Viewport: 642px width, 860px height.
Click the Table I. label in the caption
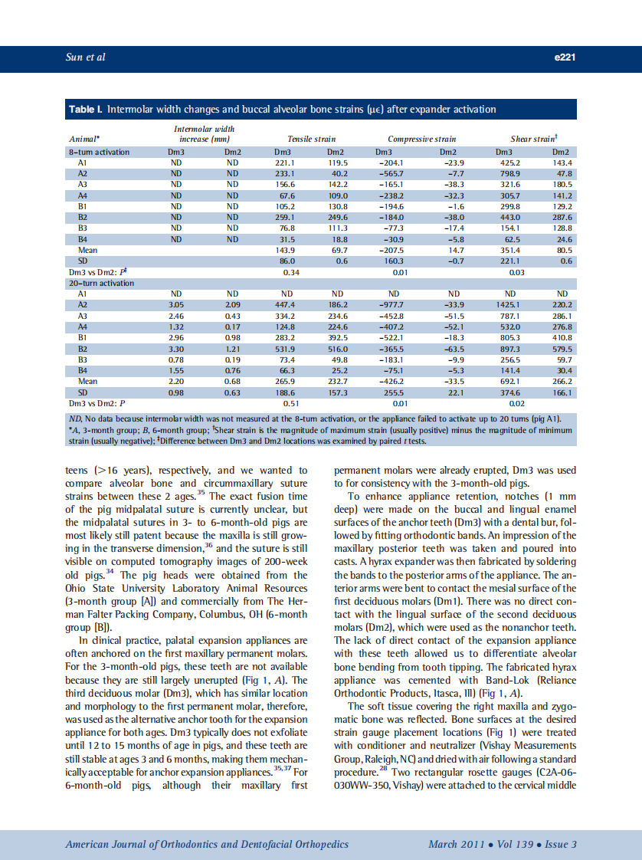click(x=86, y=110)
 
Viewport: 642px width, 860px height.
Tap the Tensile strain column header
click(x=311, y=140)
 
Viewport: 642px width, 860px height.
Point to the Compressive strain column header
click(x=421, y=140)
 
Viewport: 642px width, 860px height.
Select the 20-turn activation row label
click(x=102, y=283)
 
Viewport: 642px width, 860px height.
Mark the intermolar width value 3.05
click(x=176, y=304)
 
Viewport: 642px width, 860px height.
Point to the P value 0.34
click(x=290, y=272)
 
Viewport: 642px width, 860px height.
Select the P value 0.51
click(x=290, y=402)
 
